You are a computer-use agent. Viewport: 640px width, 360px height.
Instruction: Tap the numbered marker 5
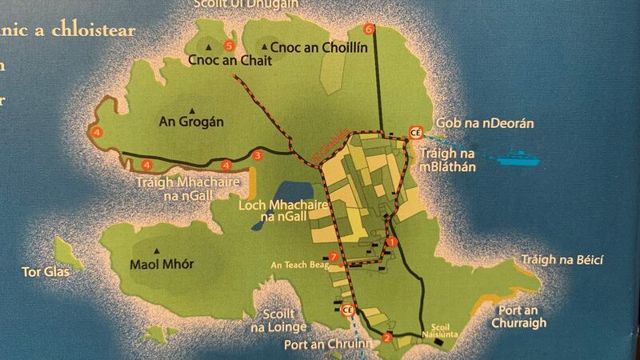pos(229,45)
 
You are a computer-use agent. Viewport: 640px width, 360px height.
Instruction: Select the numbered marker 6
pos(368,30)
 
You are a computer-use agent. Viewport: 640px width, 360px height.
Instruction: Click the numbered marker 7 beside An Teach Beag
pos(334,255)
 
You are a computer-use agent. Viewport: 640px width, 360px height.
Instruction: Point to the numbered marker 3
pos(258,155)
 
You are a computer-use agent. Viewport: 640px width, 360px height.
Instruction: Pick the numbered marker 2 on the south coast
pos(387,337)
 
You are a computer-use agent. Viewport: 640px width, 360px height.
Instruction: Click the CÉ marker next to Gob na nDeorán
pos(414,132)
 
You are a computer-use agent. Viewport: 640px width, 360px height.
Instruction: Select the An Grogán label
pos(190,122)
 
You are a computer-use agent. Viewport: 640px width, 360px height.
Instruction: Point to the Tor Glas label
pos(46,272)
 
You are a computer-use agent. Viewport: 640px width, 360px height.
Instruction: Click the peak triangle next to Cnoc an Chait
pos(209,47)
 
